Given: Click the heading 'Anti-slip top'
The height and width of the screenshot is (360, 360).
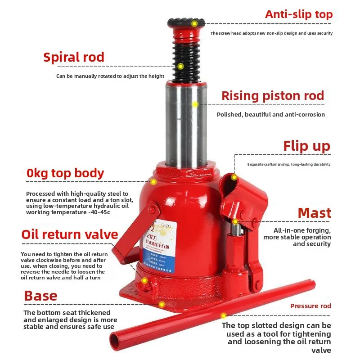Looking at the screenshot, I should (x=298, y=14).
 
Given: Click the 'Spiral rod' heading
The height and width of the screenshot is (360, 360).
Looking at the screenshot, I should (x=74, y=57).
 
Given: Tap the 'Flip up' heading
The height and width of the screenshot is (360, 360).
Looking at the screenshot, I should (x=306, y=146).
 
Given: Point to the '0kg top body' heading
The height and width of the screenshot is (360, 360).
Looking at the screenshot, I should (x=65, y=173).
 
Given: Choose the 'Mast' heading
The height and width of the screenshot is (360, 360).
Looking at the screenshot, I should (x=315, y=213).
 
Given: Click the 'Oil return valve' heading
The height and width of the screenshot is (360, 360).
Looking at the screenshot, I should (x=70, y=234).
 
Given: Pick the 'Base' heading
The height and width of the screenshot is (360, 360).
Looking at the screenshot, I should (x=40, y=296).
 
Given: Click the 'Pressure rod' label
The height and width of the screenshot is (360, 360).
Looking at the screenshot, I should (x=310, y=306).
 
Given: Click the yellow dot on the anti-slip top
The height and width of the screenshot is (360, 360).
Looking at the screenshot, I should (x=194, y=23).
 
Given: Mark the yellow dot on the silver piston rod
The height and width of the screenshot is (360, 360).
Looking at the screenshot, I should (x=195, y=104).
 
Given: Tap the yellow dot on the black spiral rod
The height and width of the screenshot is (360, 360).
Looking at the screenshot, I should (x=180, y=67).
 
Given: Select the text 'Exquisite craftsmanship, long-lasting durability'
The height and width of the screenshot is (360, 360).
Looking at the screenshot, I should (x=289, y=165).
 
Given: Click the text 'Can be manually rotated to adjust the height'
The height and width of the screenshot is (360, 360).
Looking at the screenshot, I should (x=110, y=76).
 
